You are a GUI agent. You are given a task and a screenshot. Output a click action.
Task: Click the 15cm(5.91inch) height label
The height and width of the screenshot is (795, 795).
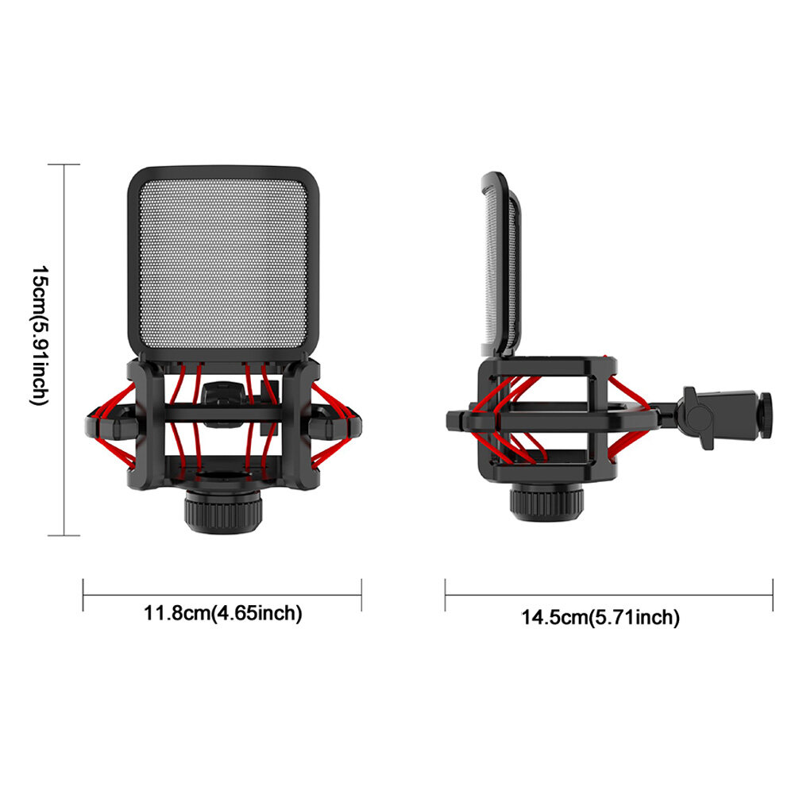(40, 335)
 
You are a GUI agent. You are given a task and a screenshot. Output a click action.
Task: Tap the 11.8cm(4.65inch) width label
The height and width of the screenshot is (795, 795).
(223, 613)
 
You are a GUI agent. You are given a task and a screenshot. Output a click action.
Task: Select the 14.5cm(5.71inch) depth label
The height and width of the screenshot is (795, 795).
(600, 618)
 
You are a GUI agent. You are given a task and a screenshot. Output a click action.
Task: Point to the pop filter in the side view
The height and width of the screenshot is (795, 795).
(500, 264)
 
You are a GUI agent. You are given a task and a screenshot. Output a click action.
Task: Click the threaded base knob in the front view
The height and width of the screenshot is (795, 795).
(223, 511)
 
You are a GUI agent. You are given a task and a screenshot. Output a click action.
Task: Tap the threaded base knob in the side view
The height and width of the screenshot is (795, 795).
(546, 503)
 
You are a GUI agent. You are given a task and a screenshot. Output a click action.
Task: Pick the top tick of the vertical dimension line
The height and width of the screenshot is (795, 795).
(64, 164)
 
